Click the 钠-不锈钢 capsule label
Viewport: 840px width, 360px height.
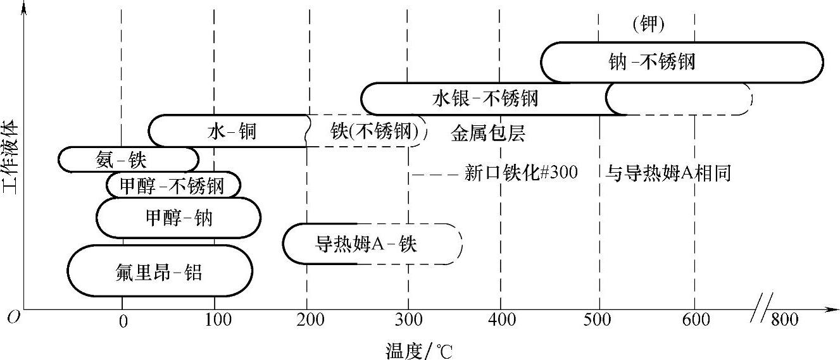650,62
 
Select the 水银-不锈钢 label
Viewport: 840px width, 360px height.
486,98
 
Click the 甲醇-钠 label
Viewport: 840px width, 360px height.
179,218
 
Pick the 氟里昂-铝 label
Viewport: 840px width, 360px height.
160,273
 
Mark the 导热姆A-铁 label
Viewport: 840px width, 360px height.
366,244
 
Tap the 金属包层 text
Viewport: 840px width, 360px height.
488,133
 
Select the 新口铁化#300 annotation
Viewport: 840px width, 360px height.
520,173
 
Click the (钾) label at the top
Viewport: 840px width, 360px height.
648,24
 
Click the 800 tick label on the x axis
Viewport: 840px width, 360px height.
785,321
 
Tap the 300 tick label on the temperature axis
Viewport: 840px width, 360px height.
408,321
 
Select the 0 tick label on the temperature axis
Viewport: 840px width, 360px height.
123,321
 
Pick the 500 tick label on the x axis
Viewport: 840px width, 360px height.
599,321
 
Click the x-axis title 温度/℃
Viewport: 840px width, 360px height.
420,350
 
